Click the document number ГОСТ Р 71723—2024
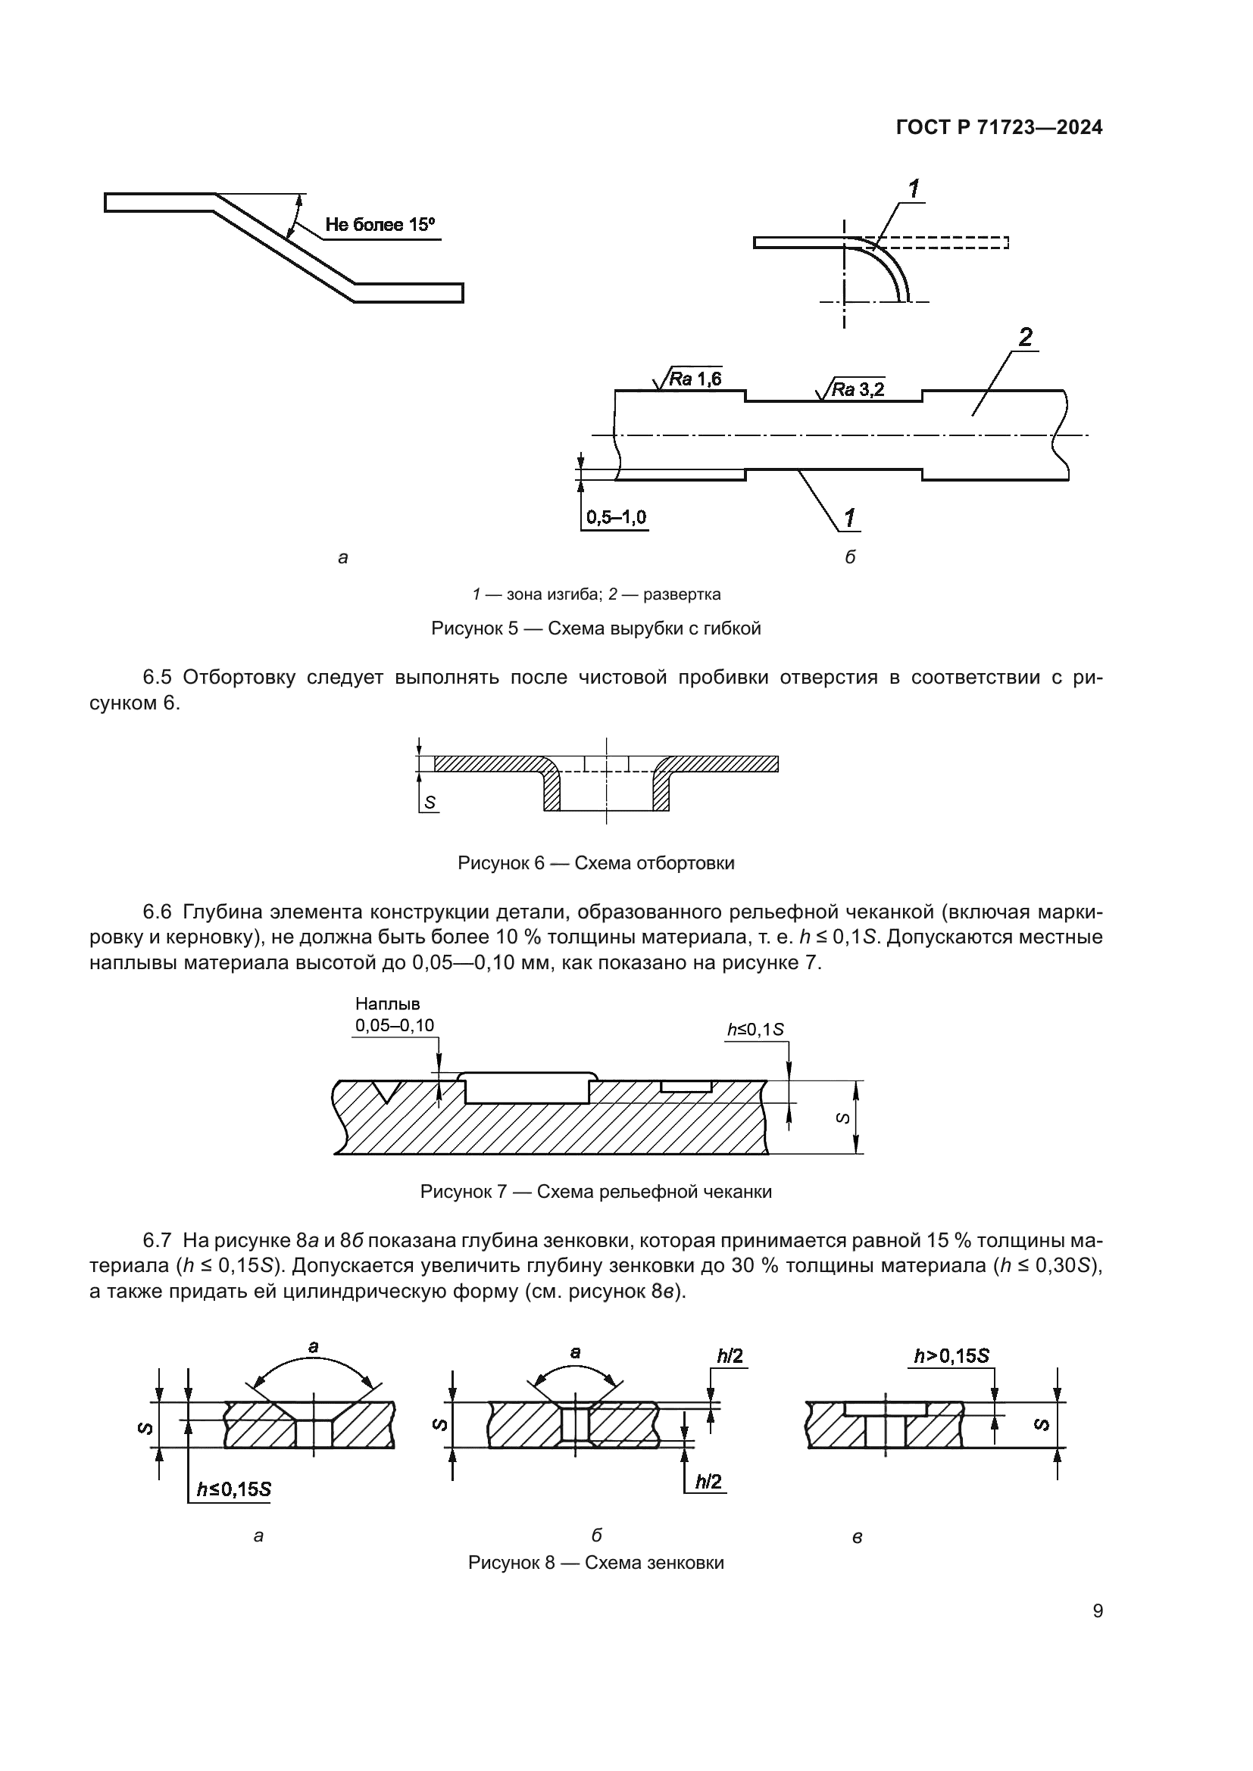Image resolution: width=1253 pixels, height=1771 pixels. coord(999,128)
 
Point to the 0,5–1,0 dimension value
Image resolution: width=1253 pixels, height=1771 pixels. coord(616,517)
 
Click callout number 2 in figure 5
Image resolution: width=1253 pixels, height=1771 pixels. coord(1026,337)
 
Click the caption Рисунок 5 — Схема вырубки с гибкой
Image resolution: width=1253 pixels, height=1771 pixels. coord(595,628)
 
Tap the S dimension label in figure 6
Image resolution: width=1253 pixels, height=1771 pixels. coord(430,803)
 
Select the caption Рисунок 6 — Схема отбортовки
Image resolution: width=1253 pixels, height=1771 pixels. coord(595,863)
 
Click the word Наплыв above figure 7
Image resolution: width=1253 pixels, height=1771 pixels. coord(387,1004)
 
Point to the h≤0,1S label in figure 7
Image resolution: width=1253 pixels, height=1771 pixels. coord(755,1030)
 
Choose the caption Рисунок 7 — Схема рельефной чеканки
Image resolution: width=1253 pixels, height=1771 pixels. coord(595,1192)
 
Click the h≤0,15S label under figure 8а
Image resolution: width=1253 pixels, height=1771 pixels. coord(233,1489)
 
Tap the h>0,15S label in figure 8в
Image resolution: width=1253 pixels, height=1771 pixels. coord(951,1356)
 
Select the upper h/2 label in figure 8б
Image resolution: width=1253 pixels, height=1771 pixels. coord(729,1356)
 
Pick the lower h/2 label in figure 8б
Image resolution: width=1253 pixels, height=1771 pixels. coord(708,1482)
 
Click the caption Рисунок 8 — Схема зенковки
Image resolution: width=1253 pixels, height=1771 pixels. coord(595,1564)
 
